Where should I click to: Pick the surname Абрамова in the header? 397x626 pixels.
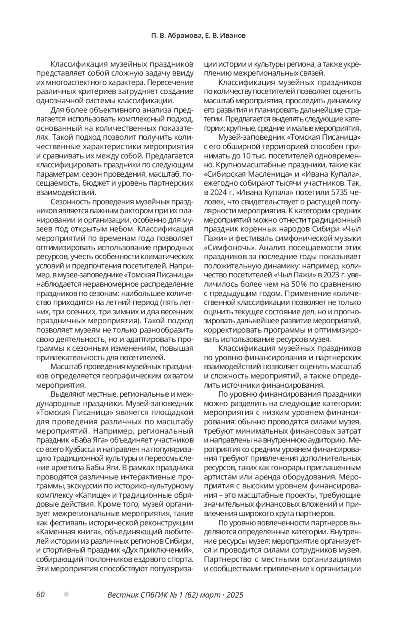(x=183, y=36)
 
